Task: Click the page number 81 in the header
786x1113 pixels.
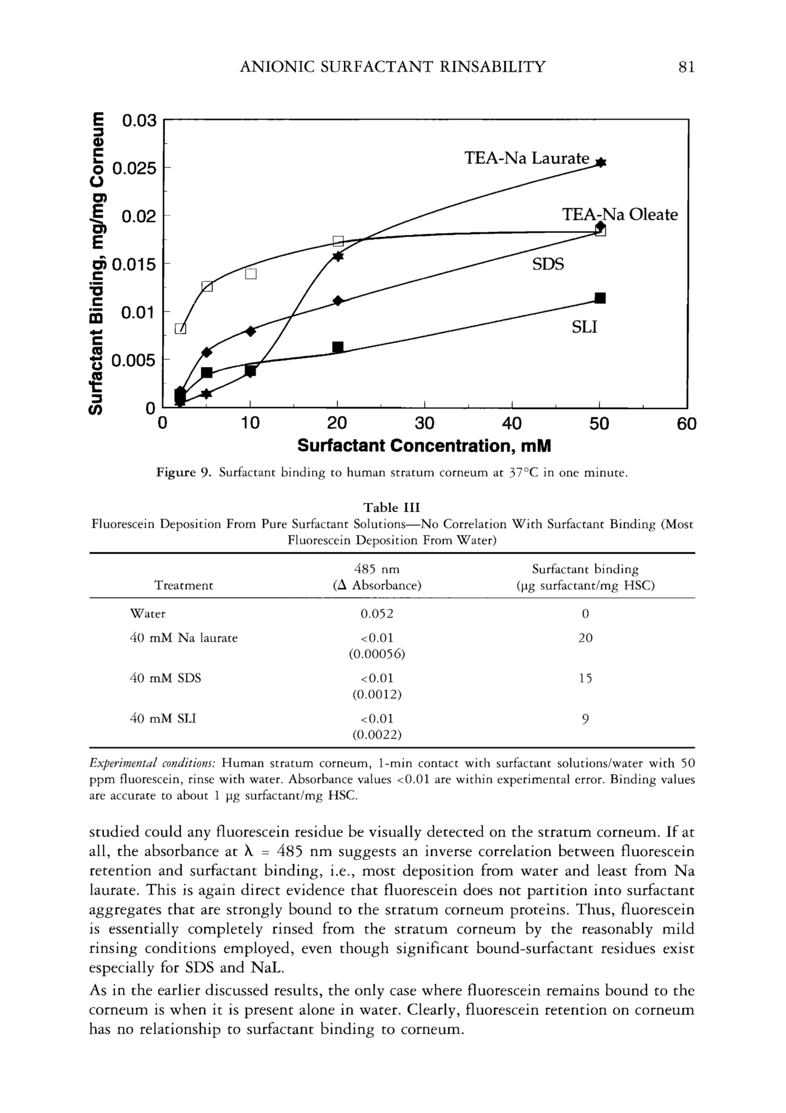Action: pyautogui.click(x=687, y=66)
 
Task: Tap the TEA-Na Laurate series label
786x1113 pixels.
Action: pyautogui.click(x=527, y=159)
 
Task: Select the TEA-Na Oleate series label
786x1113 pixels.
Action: pyautogui.click(x=620, y=214)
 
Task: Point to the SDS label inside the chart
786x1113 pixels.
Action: pyautogui.click(x=548, y=264)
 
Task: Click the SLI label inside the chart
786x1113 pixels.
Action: pyautogui.click(x=584, y=327)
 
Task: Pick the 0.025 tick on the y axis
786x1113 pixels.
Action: pyautogui.click(x=135, y=169)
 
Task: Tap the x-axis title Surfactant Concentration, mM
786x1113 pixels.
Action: pyautogui.click(x=424, y=446)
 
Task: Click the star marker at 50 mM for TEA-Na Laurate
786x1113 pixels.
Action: pyautogui.click(x=600, y=163)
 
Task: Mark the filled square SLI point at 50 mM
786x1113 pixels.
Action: pyautogui.click(x=600, y=298)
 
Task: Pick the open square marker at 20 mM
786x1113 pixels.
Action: pyautogui.click(x=338, y=241)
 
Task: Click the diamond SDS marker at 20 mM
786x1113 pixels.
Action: pyautogui.click(x=338, y=301)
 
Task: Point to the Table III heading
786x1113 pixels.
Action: pyautogui.click(x=392, y=507)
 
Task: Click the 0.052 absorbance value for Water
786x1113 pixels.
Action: pyautogui.click(x=377, y=614)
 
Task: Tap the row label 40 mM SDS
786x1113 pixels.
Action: pyautogui.click(x=165, y=678)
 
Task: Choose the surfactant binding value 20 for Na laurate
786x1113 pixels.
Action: pyautogui.click(x=585, y=638)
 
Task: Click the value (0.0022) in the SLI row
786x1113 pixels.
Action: pyautogui.click(x=377, y=735)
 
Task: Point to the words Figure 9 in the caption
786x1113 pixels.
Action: pyautogui.click(x=183, y=472)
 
